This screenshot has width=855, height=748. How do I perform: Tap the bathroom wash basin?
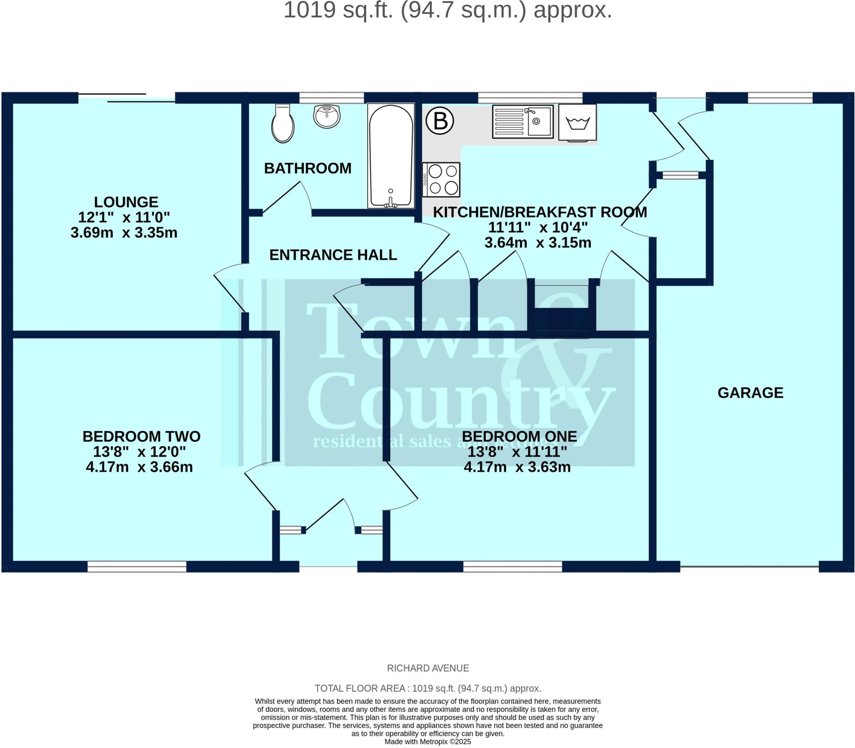point(327,116)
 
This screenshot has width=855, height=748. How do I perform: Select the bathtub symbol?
point(391,155)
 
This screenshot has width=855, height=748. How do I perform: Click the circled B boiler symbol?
point(440,121)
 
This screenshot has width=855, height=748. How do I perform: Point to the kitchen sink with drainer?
point(523,121)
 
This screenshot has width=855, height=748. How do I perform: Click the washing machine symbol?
point(577,122)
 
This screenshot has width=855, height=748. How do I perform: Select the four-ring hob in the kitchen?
point(441,179)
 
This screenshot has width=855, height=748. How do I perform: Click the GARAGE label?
point(750,393)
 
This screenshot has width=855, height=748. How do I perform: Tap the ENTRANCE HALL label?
point(333,255)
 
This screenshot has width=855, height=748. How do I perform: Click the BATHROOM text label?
point(308,168)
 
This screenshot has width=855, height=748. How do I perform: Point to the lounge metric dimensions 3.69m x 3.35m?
point(124,232)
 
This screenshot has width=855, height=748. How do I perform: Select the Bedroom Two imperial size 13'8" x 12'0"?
point(139,452)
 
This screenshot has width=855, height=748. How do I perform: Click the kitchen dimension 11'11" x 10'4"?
point(538,227)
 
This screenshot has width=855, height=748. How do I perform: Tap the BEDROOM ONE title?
point(519,437)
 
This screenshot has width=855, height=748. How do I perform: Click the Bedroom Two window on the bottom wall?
point(137,566)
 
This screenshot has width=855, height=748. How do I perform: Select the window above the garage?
point(780,99)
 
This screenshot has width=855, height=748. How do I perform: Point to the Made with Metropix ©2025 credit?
point(427,742)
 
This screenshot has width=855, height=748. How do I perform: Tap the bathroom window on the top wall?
point(331,99)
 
